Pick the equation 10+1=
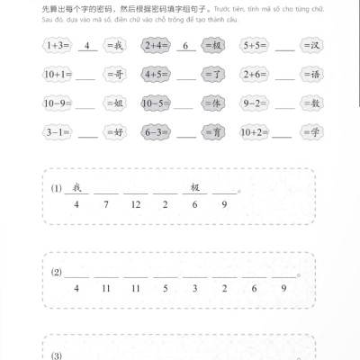tap(60, 76)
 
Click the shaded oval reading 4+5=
tap(158, 76)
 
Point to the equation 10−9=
tap(60, 104)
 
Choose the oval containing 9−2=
tap(257, 104)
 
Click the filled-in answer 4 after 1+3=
tap(88, 43)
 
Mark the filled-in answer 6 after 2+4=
tap(185, 43)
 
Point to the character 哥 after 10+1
tap(118, 76)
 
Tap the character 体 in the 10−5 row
tap(217, 104)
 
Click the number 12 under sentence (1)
tap(135, 206)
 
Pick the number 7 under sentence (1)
tap(106, 206)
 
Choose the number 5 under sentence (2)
tap(165, 288)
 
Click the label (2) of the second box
tap(57, 272)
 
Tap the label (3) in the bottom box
tap(57, 355)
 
